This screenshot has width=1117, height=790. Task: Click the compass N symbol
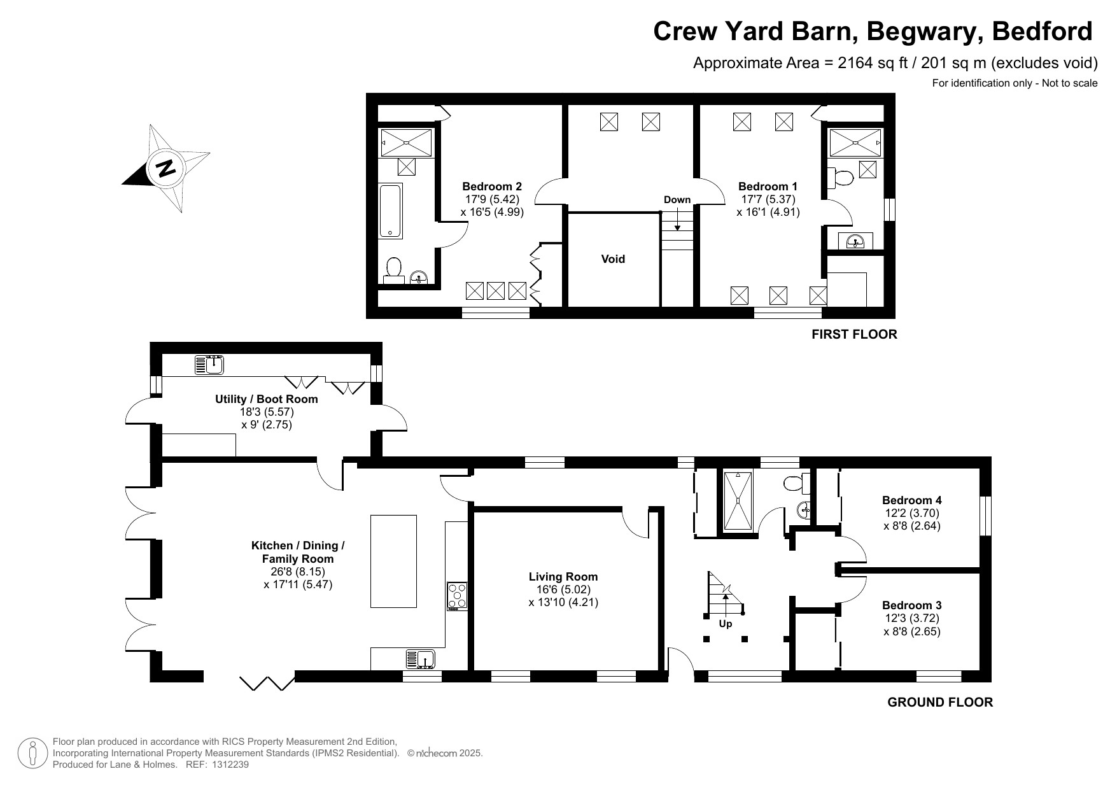click(165, 169)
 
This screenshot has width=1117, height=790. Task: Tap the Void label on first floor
click(613, 259)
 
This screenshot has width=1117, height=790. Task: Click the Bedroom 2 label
click(492, 187)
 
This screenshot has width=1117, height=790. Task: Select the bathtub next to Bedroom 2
click(391, 211)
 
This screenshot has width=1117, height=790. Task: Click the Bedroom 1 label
click(768, 187)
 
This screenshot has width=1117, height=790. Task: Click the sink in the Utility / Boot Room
click(210, 365)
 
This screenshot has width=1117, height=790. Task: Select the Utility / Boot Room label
click(266, 399)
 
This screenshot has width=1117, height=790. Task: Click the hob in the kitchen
click(457, 596)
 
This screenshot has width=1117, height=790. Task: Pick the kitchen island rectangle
click(393, 561)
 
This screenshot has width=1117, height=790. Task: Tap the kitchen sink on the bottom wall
click(420, 659)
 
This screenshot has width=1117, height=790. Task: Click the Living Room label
click(563, 577)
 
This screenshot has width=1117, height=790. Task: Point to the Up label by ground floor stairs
click(726, 624)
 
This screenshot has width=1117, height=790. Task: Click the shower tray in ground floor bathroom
click(738, 500)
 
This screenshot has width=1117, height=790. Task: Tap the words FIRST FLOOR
click(854, 334)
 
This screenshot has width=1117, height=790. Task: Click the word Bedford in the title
click(1043, 31)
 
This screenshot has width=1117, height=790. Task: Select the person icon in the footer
click(32, 752)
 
